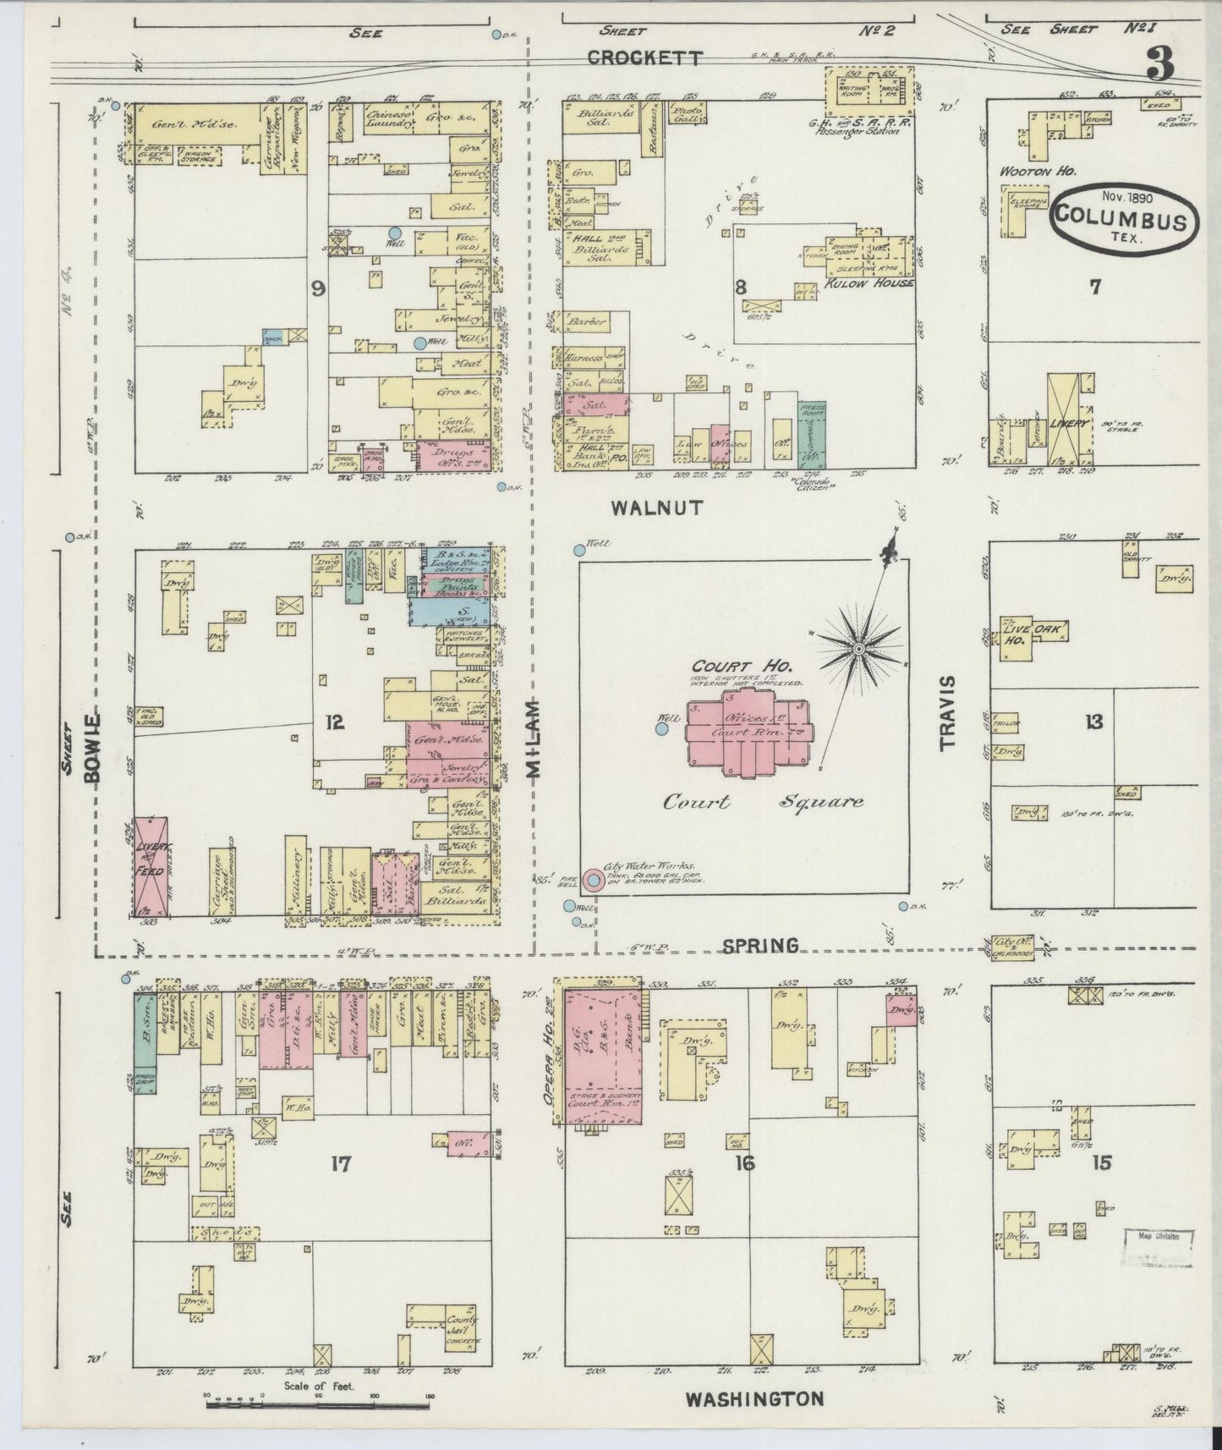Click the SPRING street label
coord(761,945)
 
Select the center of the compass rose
coord(858,648)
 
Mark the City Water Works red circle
coord(595,881)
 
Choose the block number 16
coord(744,1163)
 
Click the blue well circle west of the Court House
coord(662,727)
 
